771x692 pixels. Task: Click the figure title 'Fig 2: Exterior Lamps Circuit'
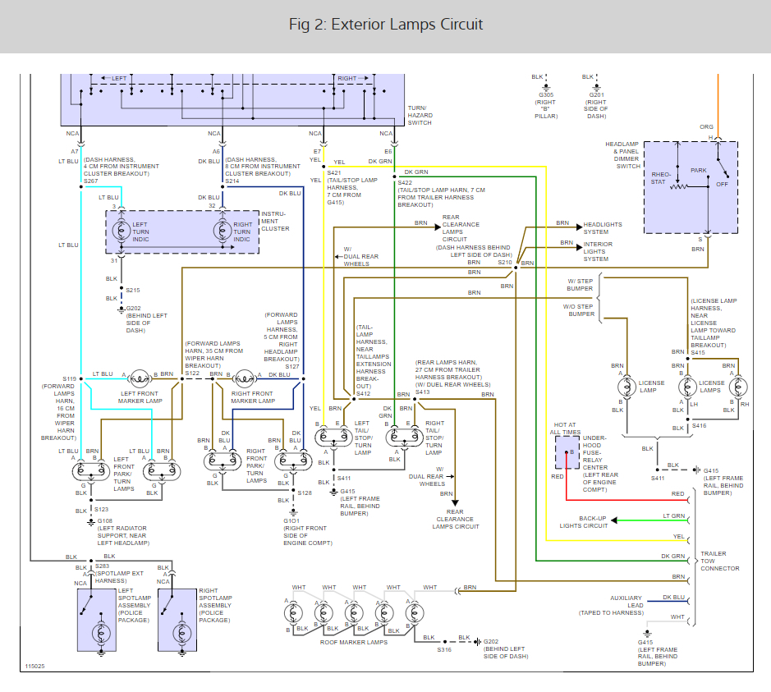click(x=386, y=24)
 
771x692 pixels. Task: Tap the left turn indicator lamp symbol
click(x=122, y=231)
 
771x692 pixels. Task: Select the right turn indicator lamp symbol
click(x=223, y=231)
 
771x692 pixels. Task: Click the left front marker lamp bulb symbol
click(x=140, y=379)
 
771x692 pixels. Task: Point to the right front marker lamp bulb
click(x=244, y=379)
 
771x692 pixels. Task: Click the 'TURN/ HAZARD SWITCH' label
click(x=420, y=116)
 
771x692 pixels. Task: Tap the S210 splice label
click(x=505, y=263)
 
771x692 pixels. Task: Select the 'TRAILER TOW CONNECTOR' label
click(x=720, y=561)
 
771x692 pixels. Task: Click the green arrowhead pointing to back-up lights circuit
click(x=614, y=520)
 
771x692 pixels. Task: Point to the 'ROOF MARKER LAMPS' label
click(x=354, y=642)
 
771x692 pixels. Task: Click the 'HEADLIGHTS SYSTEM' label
click(x=603, y=228)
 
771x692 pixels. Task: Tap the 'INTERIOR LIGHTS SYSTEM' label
click(x=598, y=252)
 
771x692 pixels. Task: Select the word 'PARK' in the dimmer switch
click(x=698, y=171)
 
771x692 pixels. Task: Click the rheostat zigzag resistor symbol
click(x=678, y=187)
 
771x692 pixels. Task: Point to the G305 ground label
click(x=546, y=95)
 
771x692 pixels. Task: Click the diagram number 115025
click(x=35, y=667)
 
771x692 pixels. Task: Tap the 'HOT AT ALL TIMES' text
click(x=565, y=428)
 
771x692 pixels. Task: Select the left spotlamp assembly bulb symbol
click(x=101, y=634)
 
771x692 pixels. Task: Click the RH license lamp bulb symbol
click(x=738, y=387)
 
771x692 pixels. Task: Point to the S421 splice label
click(x=334, y=173)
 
